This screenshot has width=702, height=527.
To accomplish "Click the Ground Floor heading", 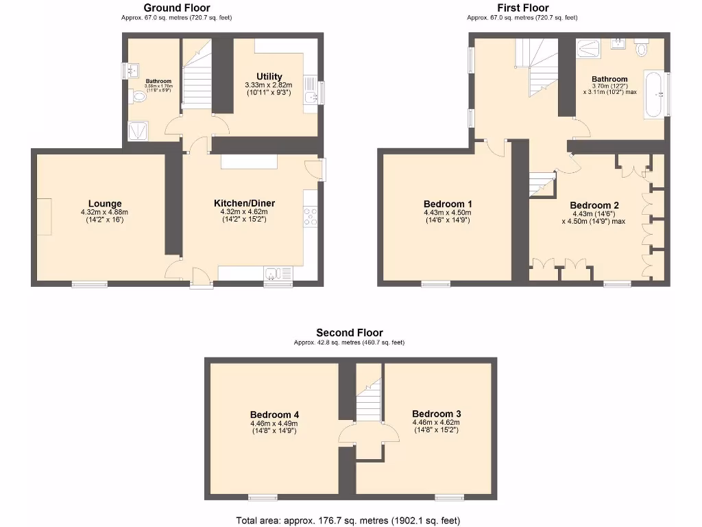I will (x=177, y=8).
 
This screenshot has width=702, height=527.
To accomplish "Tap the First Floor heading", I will (x=522, y=8).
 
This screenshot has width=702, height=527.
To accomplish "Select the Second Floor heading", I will (x=349, y=333).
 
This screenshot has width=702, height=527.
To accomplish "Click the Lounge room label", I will (x=105, y=203).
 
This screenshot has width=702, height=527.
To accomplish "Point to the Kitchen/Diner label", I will (x=244, y=203).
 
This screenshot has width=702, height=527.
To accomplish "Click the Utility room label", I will (x=269, y=76).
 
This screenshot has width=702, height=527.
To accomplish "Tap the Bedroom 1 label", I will (x=448, y=204).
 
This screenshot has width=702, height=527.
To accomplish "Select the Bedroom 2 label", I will (x=594, y=205).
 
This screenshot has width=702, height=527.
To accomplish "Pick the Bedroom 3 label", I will (x=436, y=414).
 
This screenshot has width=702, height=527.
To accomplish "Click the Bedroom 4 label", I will (x=274, y=414).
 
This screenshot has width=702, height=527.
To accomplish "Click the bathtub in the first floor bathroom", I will (x=655, y=94).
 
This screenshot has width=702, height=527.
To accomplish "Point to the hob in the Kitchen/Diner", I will (x=311, y=216).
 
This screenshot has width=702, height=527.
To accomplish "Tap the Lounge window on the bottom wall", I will (x=90, y=283).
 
